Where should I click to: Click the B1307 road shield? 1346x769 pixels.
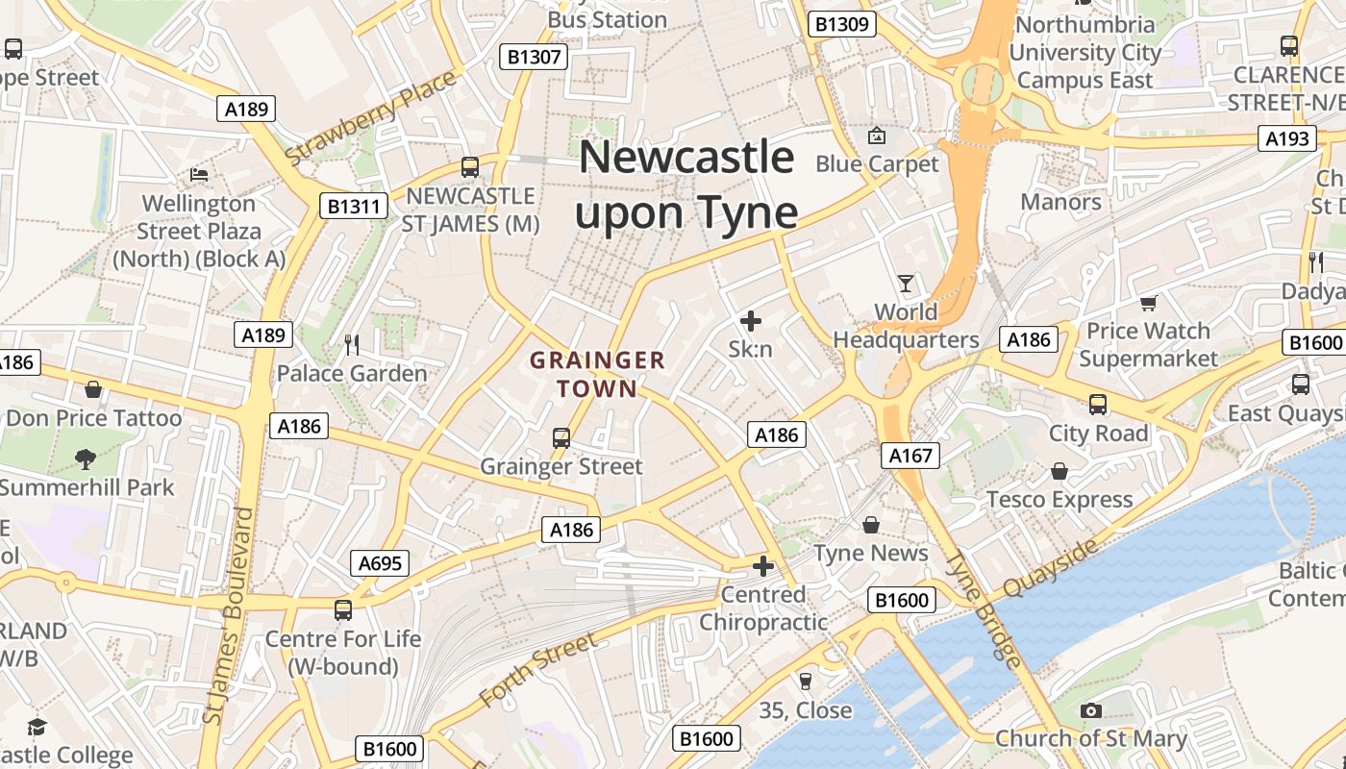(534, 57)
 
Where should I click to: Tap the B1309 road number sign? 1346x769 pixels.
(842, 24)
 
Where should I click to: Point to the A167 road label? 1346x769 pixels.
(910, 455)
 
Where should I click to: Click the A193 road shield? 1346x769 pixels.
(1286, 138)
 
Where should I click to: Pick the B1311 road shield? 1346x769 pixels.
(356, 206)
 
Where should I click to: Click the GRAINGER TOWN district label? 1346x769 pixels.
(597, 375)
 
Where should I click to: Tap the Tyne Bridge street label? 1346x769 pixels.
(983, 610)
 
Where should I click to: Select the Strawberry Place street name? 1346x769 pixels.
(371, 117)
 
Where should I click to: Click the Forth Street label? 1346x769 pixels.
(538, 669)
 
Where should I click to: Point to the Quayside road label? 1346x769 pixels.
(1050, 568)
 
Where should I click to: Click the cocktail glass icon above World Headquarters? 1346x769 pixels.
(906, 284)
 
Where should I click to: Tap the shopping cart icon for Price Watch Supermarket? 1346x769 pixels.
(1148, 304)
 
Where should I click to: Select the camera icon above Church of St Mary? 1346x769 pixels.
(1090, 710)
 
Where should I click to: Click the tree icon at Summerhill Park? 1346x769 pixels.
(86, 459)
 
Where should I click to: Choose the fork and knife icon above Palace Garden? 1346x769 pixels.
(352, 344)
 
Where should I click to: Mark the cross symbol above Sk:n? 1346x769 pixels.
(750, 321)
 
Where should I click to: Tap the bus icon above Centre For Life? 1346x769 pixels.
(343, 609)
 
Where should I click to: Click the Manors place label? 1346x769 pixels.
(1060, 202)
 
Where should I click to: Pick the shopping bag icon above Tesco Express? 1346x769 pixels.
(1059, 471)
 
